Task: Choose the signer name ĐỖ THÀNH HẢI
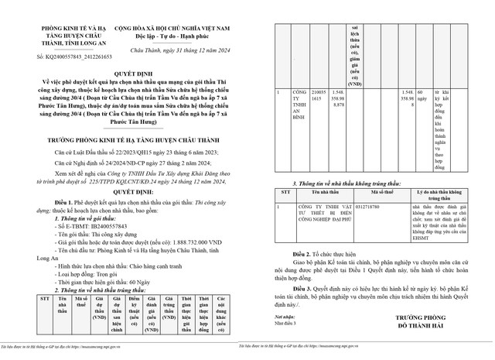tap(418, 327)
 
